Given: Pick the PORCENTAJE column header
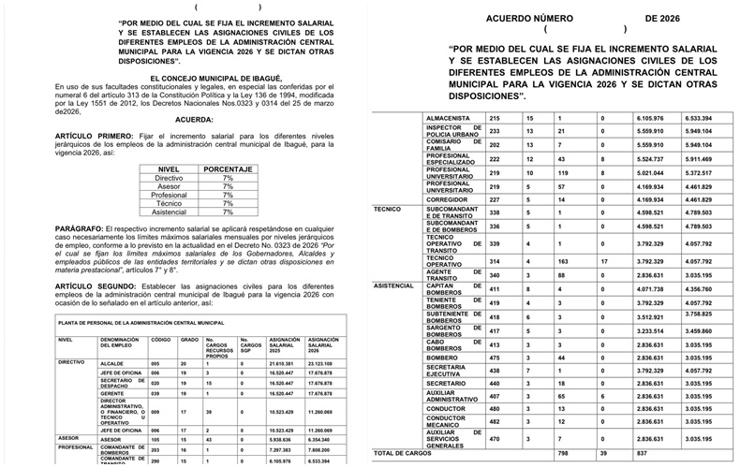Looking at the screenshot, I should (228, 168).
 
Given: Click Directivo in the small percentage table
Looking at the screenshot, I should (169, 178).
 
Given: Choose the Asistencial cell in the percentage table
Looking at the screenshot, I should (169, 212).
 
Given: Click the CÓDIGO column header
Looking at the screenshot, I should (161, 341).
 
